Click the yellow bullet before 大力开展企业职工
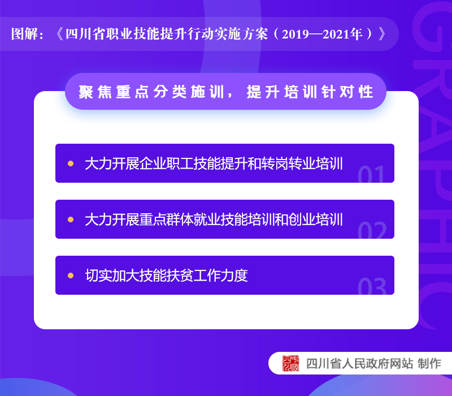click(71, 163)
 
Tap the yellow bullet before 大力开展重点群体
click(71, 219)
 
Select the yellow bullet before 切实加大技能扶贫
click(71, 276)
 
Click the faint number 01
click(371, 174)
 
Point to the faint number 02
click(372, 230)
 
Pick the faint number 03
click(372, 286)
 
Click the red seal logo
click(290, 363)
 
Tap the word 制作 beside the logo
click(429, 364)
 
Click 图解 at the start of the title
click(24, 34)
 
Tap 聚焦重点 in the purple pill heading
click(114, 92)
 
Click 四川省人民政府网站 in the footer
click(359, 364)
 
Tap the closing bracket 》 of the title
click(382, 34)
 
